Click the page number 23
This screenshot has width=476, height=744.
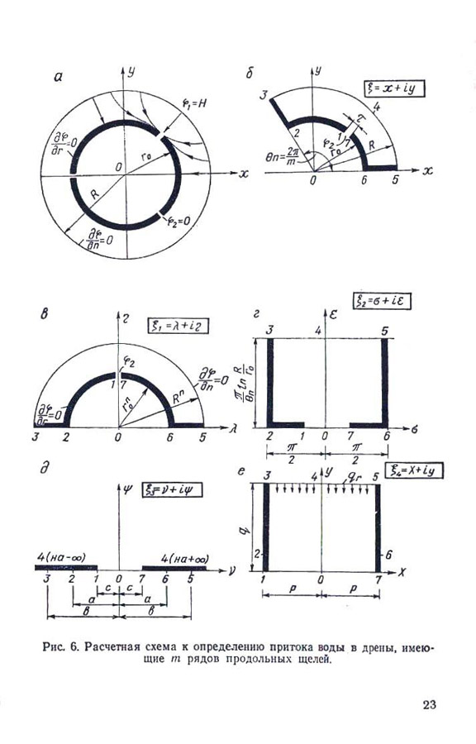(x=429, y=704)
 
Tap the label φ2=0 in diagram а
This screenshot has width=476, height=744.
(x=180, y=222)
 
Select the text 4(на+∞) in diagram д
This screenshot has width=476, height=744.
(x=174, y=558)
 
